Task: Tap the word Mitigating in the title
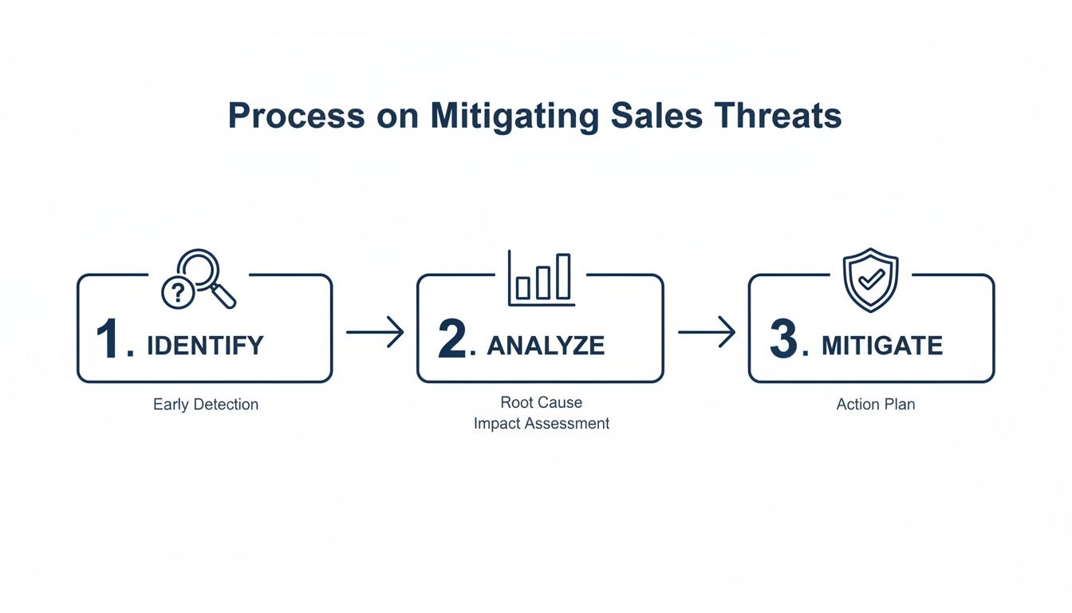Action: (x=514, y=117)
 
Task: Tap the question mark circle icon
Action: (x=177, y=294)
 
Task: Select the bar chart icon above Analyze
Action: (x=542, y=279)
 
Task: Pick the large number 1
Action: (x=110, y=340)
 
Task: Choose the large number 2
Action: (x=452, y=340)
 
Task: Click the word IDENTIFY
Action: (x=205, y=346)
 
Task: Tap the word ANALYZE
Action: (x=546, y=346)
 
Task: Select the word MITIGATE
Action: (x=881, y=346)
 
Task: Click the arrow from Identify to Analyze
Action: (x=375, y=332)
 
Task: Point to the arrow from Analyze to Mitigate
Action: (x=706, y=332)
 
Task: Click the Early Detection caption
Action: (x=206, y=405)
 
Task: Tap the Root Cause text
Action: (x=541, y=402)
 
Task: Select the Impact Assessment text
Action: (x=541, y=424)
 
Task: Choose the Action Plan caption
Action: (x=875, y=405)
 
